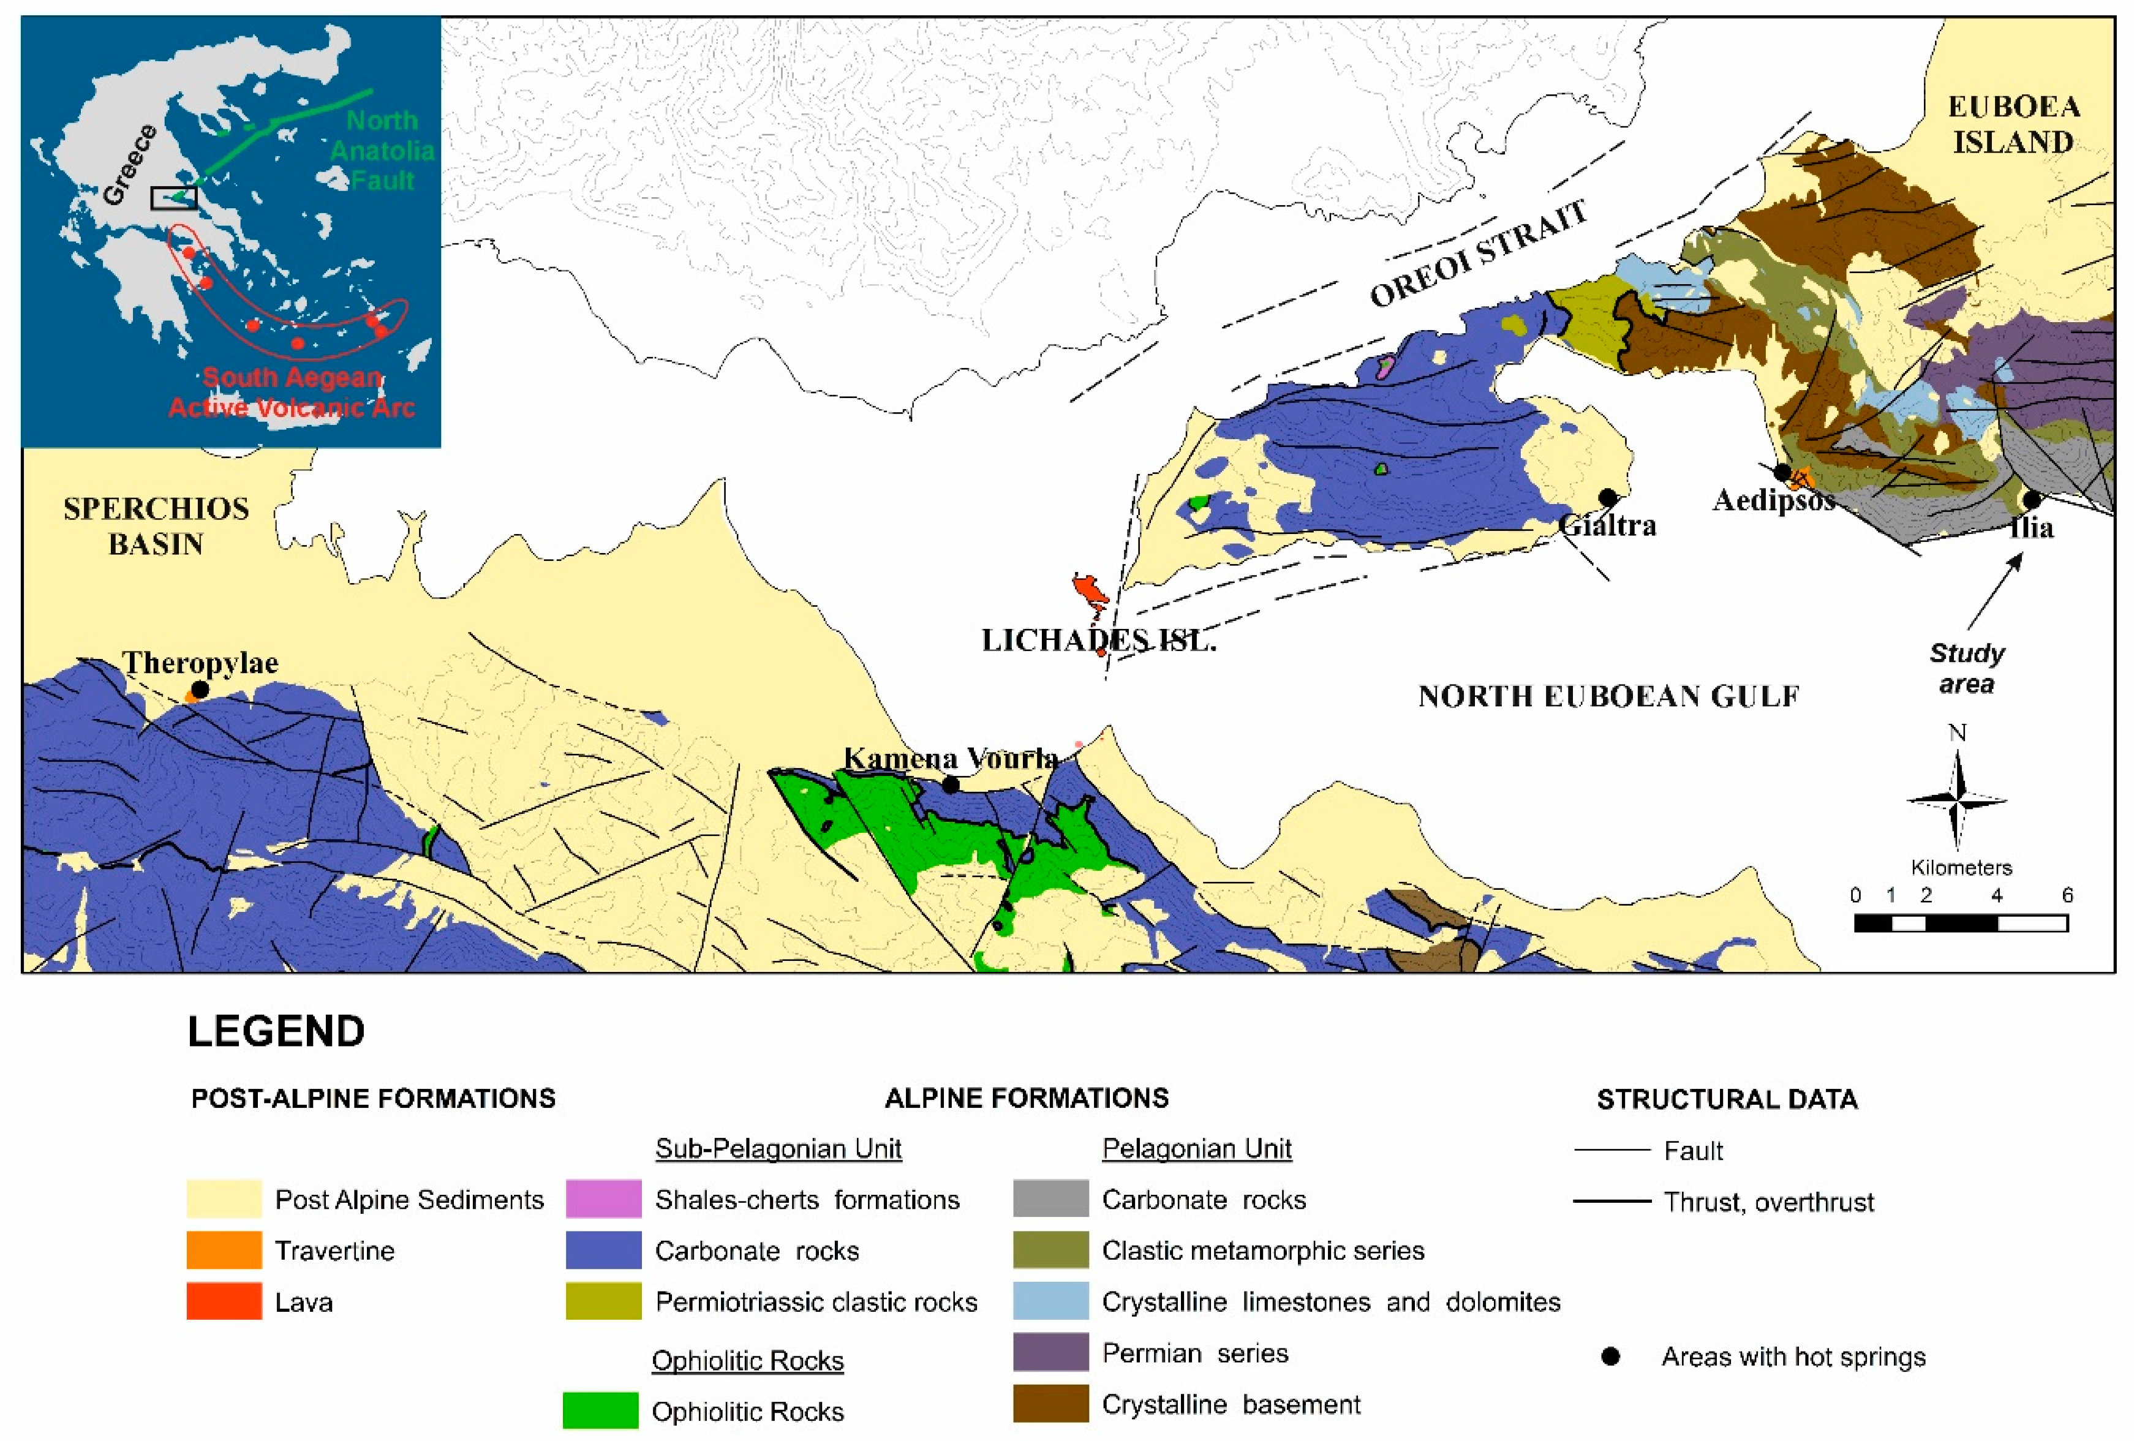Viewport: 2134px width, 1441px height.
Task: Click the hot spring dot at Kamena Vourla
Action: coord(951,784)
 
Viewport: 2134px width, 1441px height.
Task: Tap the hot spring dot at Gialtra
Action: coord(1607,497)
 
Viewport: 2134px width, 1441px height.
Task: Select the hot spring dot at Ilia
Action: coord(2031,499)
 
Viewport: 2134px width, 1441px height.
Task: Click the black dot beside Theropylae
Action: coord(200,688)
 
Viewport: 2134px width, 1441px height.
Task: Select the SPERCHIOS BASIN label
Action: coord(156,526)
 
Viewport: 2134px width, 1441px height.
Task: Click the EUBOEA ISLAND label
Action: coord(2013,125)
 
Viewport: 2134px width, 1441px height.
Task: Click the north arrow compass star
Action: coord(1957,800)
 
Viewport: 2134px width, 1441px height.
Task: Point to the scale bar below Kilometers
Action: coord(1961,924)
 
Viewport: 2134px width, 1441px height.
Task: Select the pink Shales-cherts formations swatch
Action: coord(603,1198)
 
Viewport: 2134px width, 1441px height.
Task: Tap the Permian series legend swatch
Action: coord(1050,1353)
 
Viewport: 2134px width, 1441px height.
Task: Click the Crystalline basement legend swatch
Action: coord(1050,1404)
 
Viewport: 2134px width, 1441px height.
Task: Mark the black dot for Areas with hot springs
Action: coord(1610,1356)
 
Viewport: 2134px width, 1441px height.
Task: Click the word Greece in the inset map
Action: coord(129,165)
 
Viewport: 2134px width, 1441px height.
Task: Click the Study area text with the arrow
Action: coord(1966,668)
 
